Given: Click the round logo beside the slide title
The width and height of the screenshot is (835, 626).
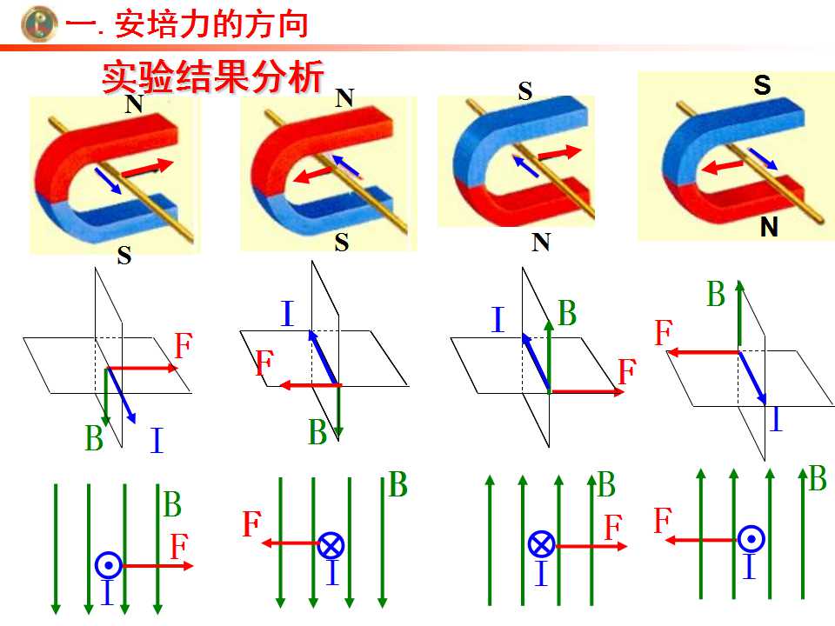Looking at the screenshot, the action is coord(39,24).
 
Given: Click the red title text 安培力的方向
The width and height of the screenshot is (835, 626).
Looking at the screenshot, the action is coord(211,24).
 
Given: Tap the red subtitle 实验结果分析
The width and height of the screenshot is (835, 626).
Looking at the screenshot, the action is coord(213,77).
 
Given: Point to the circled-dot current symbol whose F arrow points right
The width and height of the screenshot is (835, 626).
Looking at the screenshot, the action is coord(109,565).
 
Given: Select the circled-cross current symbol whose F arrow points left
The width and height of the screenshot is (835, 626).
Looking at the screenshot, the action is coord(331,545).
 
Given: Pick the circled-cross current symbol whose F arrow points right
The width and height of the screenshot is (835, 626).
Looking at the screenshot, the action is coord(542,544).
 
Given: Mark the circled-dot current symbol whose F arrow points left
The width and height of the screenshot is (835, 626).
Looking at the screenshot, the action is coord(751,539).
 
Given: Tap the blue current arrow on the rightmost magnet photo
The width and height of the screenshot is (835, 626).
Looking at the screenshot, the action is coord(763,158).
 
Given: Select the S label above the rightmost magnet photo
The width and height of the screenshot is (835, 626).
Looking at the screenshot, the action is coord(762,85).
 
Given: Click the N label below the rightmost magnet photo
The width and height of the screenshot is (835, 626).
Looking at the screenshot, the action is coord(769,227).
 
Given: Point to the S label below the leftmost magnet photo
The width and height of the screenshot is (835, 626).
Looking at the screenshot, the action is coord(124,256).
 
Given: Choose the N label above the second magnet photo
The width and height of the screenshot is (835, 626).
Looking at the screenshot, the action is coord(344,98).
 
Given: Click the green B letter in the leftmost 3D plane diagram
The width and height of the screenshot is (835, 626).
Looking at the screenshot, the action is coord(94,438).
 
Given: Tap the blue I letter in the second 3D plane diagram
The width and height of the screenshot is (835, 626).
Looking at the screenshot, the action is coord(287,313).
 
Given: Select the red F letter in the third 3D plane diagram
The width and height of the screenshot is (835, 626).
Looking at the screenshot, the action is coord(627,371).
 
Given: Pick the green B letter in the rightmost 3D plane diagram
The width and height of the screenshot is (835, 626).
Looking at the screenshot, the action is coord(716,294).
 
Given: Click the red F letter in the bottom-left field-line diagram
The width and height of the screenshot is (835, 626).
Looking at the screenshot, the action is coord(179,546).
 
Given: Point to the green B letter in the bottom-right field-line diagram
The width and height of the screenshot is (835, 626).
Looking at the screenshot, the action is coord(818,478).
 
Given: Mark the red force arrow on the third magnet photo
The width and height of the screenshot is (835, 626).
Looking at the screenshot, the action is coord(559,153).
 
